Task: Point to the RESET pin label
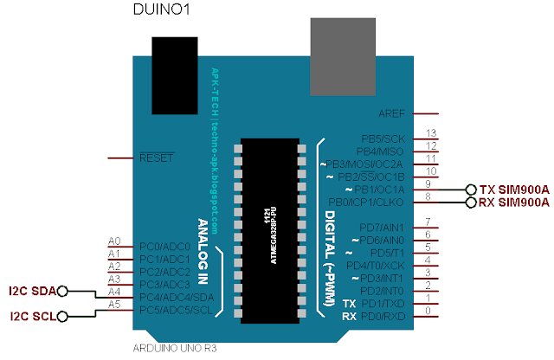click(x=157, y=159)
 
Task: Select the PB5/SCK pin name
click(x=383, y=138)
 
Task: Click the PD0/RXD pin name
click(x=383, y=316)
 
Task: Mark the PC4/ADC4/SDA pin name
click(x=177, y=297)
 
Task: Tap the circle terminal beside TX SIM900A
click(x=471, y=189)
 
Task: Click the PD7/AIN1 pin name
click(x=383, y=227)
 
